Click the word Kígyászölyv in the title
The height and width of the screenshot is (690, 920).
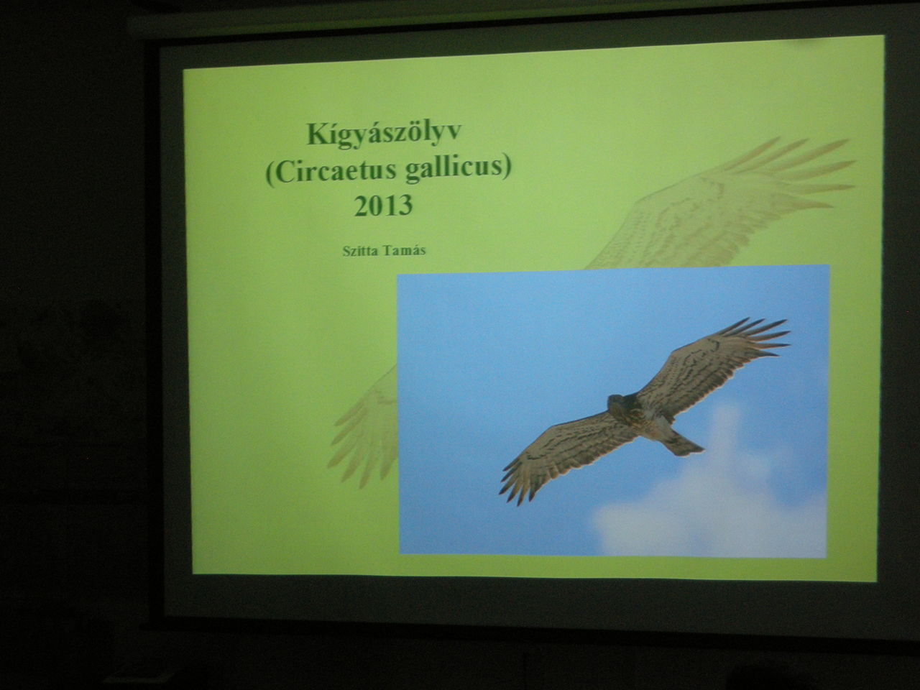tap(384, 134)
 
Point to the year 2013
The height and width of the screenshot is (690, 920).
tap(384, 206)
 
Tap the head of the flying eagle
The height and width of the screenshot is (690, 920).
tap(616, 403)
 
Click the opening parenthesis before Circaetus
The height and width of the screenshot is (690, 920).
tap(270, 171)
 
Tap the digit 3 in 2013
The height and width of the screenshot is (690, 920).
tap(405, 206)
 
